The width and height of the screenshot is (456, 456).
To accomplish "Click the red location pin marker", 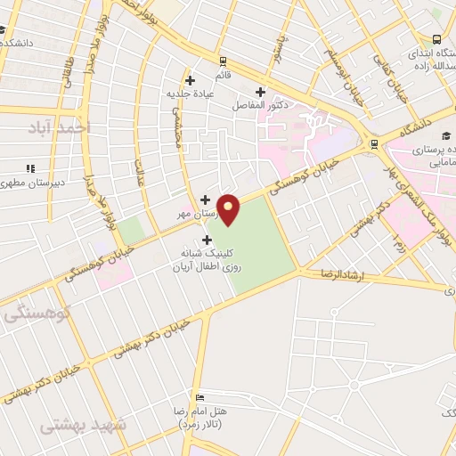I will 229,208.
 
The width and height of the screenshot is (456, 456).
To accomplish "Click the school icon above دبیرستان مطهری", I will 29,167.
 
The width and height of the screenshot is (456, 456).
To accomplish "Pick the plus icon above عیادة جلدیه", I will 190,81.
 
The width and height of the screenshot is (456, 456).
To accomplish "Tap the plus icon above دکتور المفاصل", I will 261,92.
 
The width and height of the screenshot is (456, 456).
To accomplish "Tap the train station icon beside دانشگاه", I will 374,142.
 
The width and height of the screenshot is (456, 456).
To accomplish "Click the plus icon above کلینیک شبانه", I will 208,240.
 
